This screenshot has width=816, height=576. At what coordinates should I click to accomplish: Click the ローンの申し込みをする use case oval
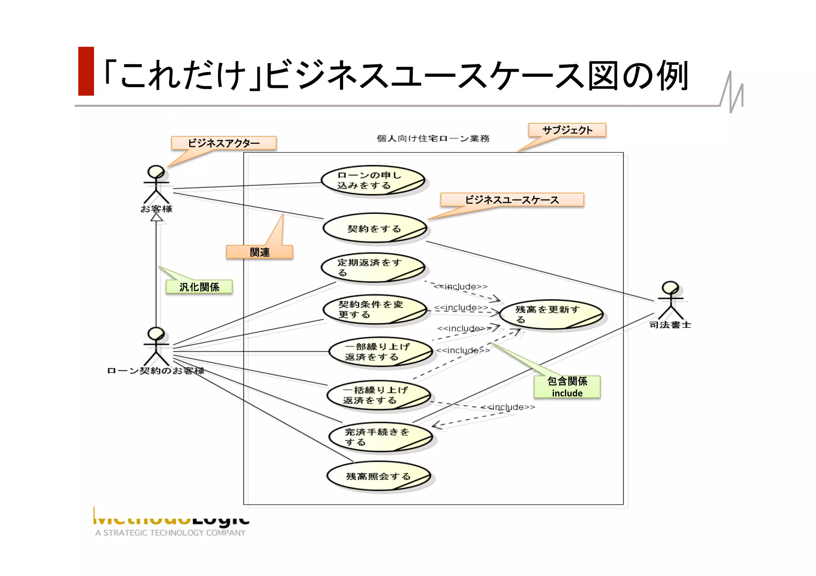point(373,180)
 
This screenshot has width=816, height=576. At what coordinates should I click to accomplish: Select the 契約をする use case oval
point(375,228)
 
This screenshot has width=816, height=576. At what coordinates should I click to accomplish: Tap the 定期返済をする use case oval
point(373,267)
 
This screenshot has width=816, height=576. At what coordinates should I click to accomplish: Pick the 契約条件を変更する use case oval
point(375,309)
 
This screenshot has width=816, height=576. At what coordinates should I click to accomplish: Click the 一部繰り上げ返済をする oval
point(381,352)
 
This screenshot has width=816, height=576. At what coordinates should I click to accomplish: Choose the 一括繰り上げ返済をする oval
point(379,395)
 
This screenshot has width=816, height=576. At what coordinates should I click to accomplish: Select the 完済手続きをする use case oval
point(381,437)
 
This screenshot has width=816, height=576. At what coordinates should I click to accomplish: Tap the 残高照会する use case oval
point(379,476)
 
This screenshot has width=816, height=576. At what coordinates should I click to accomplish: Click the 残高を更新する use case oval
point(551,314)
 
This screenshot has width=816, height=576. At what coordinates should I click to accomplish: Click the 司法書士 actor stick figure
point(670,300)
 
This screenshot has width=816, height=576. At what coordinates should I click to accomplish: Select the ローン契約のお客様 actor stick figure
point(156,346)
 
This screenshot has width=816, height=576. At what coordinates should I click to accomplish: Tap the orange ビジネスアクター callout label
point(224,143)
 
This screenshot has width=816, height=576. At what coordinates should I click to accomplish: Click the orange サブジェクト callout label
point(567,130)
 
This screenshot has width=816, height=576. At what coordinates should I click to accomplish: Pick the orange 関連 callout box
point(259,252)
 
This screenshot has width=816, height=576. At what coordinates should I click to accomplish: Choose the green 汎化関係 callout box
point(199,287)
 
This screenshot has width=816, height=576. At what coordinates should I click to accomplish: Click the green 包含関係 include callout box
point(567,387)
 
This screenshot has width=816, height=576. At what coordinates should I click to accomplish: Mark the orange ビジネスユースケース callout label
point(512,200)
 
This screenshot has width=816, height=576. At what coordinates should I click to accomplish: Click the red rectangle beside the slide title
point(86,71)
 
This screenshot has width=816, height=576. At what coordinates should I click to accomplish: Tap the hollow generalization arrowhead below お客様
point(157,218)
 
